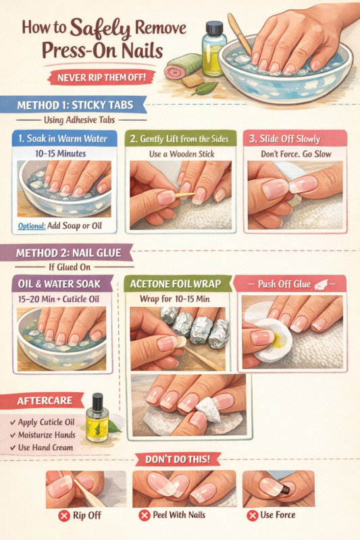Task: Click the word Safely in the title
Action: (100, 29)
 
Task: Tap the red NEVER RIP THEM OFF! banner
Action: (101, 77)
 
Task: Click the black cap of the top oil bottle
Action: (214, 28)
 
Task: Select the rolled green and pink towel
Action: (182, 66)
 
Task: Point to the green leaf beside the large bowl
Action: (205, 88)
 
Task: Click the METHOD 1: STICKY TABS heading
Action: (75, 105)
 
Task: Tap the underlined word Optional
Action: (32, 226)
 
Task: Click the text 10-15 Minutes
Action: (61, 153)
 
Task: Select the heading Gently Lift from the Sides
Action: (184, 139)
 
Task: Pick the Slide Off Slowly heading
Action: (290, 139)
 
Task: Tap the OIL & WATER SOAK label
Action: (59, 284)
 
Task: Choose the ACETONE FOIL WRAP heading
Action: (176, 283)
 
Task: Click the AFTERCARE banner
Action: (45, 401)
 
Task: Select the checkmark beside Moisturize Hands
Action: (13, 435)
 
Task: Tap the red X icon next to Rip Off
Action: (63, 516)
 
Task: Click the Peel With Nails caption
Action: (179, 515)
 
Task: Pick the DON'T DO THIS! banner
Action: (178, 460)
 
